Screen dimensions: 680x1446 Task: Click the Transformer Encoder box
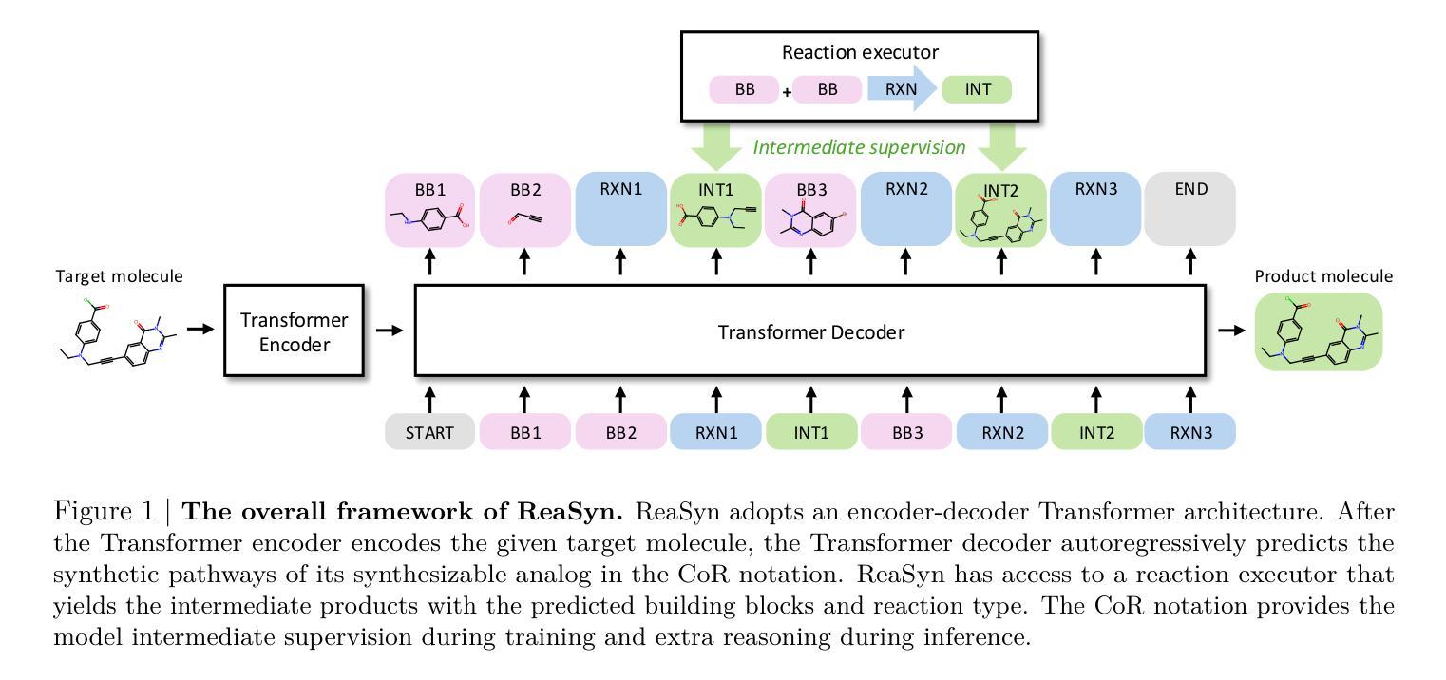coord(294,331)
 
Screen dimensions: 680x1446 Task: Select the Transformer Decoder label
coord(810,332)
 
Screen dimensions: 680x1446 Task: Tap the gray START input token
coord(429,432)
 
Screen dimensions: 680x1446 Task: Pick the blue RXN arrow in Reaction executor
coord(901,90)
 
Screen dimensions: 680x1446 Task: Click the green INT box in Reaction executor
coord(977,90)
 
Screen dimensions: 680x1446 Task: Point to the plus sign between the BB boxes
coord(787,92)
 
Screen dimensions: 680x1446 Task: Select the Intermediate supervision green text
coord(859,147)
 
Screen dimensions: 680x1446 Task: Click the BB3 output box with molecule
coord(810,210)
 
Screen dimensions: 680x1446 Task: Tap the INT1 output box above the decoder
coord(715,210)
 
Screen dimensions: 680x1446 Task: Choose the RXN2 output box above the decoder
coord(905,210)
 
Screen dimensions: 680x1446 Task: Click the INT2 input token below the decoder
coord(1096,432)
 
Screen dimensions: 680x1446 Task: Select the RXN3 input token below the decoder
coord(1190,432)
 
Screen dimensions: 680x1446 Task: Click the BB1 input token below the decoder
coord(525,432)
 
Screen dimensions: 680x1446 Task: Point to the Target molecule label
coord(119,276)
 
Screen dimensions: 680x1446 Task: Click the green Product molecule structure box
coord(1318,331)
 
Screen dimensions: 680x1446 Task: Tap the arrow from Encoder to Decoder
coord(390,331)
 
